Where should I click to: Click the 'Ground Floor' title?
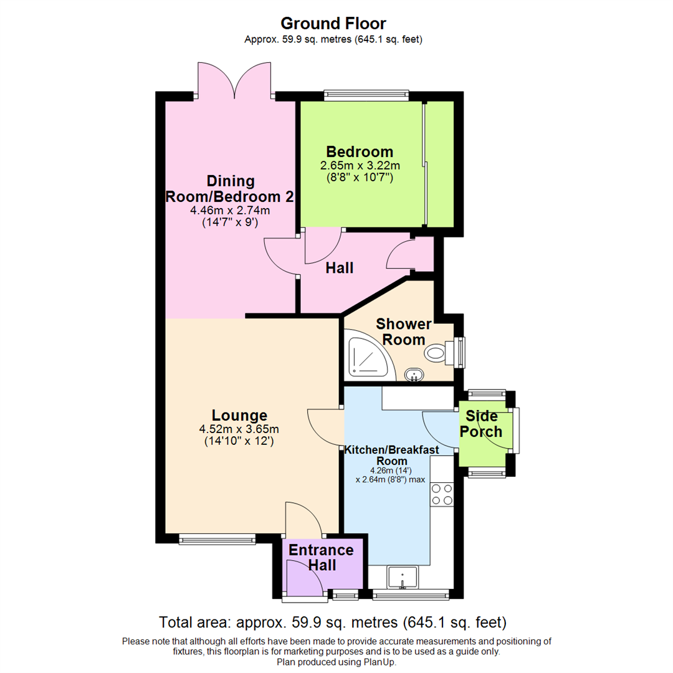(x=333, y=24)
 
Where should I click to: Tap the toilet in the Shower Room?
(x=439, y=353)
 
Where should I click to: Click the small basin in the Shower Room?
(x=414, y=375)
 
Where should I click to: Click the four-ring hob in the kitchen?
(x=442, y=494)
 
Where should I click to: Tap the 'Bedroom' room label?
(x=360, y=151)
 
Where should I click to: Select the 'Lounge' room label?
(x=239, y=415)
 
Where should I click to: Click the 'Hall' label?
(x=340, y=268)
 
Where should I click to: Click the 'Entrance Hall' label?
(x=321, y=558)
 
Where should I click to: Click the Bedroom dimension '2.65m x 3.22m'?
(x=360, y=166)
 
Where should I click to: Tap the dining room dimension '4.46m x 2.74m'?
(x=230, y=211)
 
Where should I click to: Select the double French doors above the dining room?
(x=234, y=81)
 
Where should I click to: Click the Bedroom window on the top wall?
(x=366, y=96)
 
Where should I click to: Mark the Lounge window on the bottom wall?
(x=216, y=537)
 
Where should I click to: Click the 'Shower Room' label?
(x=403, y=332)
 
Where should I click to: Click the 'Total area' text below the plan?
(x=333, y=622)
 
